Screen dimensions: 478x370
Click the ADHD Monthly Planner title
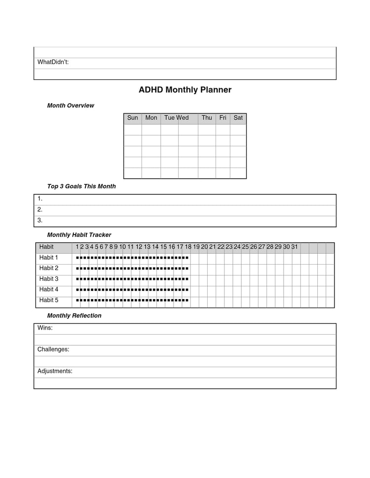click(x=185, y=90)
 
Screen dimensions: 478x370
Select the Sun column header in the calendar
click(x=133, y=118)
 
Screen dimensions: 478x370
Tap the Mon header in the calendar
click(x=151, y=118)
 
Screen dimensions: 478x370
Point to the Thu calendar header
click(x=207, y=118)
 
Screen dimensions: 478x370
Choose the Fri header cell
click(x=223, y=118)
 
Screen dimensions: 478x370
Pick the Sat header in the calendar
click(x=238, y=118)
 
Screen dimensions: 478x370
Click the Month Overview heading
click(x=71, y=105)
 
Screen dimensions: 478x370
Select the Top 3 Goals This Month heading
click(x=81, y=186)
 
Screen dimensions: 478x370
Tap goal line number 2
click(x=40, y=209)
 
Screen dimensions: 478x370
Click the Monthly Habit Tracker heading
click(x=79, y=235)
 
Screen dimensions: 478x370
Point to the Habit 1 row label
click(x=49, y=258)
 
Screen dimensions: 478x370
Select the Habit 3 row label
click(x=49, y=279)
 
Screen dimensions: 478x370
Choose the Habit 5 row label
click(x=49, y=300)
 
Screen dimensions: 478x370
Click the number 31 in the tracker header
click(x=295, y=247)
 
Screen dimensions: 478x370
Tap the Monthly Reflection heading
click(x=74, y=316)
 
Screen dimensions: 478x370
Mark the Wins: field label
click(x=45, y=328)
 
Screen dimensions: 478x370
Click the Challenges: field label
click(x=53, y=349)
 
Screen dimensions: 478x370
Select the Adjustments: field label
click(x=55, y=371)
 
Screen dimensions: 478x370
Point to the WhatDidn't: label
click(x=53, y=62)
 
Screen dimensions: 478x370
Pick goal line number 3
click(x=40, y=220)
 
